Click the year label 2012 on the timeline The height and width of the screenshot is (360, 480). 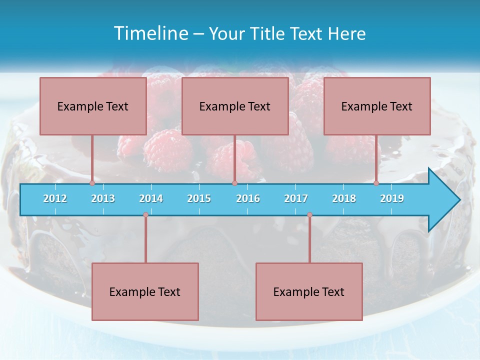(55, 198)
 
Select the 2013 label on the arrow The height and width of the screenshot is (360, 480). (103, 198)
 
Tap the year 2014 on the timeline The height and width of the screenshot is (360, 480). (151, 198)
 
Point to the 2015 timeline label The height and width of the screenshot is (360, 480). (199, 198)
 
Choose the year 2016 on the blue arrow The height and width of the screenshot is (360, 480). (248, 198)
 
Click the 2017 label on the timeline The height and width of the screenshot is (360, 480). (296, 198)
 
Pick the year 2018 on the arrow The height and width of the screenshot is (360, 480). (344, 198)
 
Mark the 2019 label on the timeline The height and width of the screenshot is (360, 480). (392, 198)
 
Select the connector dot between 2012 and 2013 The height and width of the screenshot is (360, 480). (92, 183)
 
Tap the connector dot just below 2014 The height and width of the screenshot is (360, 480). (145, 215)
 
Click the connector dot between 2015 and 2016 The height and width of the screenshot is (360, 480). (234, 183)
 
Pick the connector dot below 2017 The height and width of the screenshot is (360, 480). (309, 215)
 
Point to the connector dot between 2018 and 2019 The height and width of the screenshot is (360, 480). (376, 183)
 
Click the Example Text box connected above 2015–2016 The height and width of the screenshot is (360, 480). (235, 106)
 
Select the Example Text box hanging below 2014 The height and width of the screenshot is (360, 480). (145, 291)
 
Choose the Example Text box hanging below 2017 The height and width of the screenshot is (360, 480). (309, 291)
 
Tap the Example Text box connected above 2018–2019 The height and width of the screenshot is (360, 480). (377, 106)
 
